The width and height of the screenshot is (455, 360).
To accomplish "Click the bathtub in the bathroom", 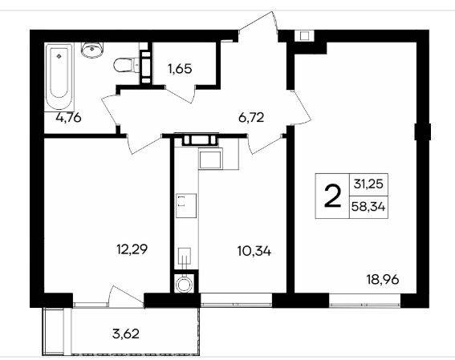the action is coord(59,76).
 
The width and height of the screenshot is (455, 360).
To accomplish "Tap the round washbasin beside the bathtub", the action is coord(92,50).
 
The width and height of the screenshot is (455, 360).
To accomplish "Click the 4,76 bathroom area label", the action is coord(69,118).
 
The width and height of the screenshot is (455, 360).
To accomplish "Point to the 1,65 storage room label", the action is coord(180,69).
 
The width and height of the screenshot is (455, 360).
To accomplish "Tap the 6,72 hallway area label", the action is coord(251,118).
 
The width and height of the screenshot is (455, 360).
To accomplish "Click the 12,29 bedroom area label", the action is coord(132,249).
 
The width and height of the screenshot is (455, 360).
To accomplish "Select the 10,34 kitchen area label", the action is coord(254,251).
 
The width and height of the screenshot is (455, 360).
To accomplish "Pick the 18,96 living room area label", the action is coord(383,280).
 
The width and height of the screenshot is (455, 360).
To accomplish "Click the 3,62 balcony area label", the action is coord(126,334).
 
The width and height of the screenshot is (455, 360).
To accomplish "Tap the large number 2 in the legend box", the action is coord(332,196).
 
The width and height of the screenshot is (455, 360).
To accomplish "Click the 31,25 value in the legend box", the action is coord(368,184).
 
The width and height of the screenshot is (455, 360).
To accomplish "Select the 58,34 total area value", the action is coord(368,207).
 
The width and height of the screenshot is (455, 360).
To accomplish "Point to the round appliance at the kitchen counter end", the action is coord(184,284).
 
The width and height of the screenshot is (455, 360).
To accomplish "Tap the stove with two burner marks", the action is coord(186,205).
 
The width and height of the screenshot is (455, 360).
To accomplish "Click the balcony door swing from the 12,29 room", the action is coord(127,296).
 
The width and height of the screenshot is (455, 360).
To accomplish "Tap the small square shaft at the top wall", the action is coord(304,36).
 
